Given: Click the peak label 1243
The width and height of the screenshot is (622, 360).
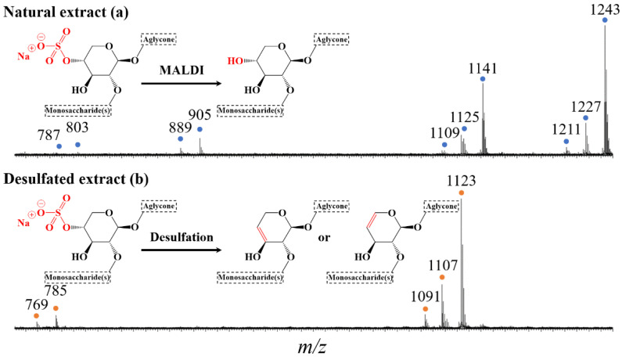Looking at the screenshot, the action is pos(605,9).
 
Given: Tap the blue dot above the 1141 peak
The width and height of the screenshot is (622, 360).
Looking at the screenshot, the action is pos(483,79).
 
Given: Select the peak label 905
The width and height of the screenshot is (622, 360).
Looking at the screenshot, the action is pos(200,115).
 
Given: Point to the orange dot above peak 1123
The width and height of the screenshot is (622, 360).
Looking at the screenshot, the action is pos(461,193).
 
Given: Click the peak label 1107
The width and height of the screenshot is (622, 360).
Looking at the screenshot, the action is pos(443,265).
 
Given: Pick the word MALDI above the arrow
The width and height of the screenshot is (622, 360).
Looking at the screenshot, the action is pos(182,70).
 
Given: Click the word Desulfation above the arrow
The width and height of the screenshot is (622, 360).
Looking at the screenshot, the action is pos(182,237).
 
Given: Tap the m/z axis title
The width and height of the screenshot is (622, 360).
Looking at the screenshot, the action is pos(312,347).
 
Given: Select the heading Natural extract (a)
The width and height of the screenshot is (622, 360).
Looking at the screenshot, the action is pos(66,13).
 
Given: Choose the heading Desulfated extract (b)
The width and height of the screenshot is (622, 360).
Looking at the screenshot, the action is pos(76,179).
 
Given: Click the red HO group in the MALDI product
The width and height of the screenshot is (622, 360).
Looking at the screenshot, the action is pos(235,61).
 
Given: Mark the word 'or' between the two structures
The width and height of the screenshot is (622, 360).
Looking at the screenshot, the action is pos(324,238).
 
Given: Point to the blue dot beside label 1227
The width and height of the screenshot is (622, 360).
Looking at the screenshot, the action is pos(585,118).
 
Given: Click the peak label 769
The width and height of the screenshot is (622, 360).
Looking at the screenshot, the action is pos(37,305).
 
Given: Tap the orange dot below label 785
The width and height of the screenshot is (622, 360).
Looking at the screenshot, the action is pos(56,308).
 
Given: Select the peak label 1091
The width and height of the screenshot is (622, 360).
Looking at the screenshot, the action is pos(426,297).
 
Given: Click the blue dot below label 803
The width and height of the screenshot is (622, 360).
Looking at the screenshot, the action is pos(77,145).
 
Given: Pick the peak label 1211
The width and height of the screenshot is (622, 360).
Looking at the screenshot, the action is pos(566,130).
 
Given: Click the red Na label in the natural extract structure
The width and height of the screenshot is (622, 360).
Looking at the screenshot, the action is pos(23,56).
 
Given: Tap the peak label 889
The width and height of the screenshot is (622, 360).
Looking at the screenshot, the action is pos(180,128).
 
